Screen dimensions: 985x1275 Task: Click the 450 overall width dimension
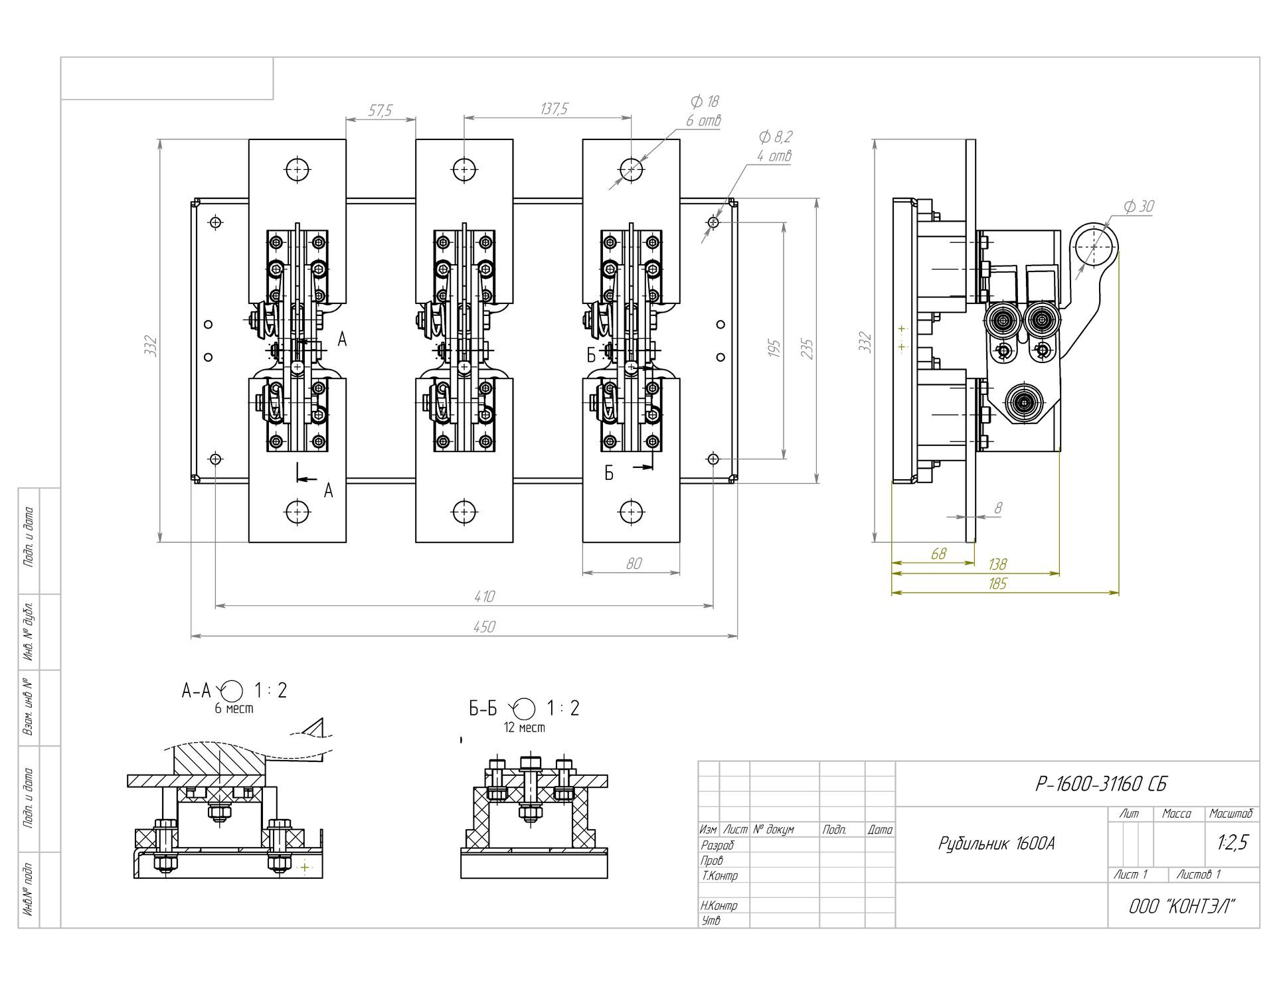485,627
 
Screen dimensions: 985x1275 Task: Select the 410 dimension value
485,597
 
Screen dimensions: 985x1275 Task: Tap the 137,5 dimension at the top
554,109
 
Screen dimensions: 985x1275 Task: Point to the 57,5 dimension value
380,110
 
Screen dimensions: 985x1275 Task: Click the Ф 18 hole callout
705,102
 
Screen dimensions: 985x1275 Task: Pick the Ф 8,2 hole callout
775,137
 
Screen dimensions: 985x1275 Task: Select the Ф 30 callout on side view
1139,206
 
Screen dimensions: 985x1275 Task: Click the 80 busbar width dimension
634,564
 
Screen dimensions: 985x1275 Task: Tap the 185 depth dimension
997,584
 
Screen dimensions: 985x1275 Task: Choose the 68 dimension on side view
938,554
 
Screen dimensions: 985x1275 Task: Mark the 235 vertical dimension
807,348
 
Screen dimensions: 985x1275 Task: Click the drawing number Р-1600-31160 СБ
1100,785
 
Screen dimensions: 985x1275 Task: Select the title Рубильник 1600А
996,844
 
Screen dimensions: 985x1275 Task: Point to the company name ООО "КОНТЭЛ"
1182,907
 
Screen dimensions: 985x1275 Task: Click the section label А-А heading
196,691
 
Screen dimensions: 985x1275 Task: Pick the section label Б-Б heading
483,709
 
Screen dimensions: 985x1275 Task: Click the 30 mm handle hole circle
1094,247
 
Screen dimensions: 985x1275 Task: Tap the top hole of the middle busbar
464,169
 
